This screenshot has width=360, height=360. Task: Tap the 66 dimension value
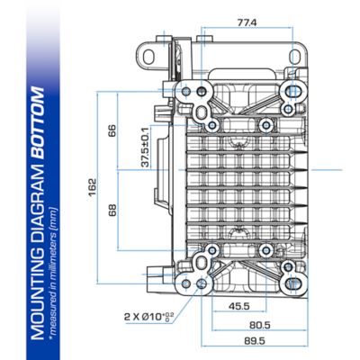[112, 130]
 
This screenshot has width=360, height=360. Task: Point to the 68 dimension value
[112, 210]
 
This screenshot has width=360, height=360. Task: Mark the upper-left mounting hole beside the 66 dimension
[187, 92]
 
